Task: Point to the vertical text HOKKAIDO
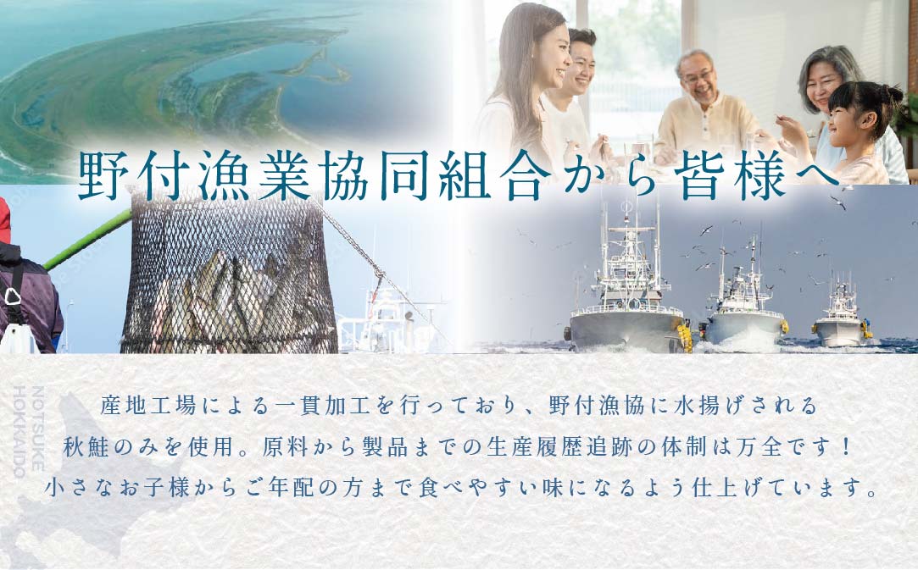click(x=19, y=432)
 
